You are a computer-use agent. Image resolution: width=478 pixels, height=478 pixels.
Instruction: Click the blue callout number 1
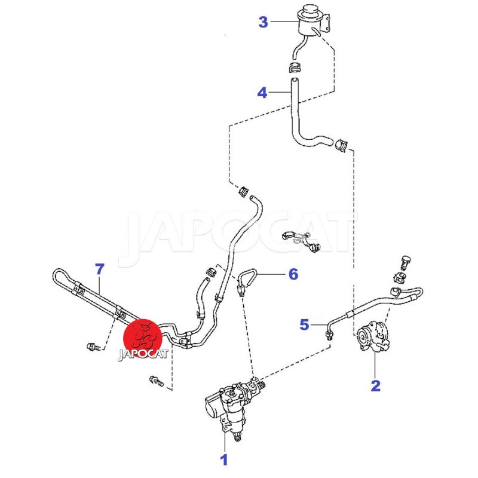coord(225,460)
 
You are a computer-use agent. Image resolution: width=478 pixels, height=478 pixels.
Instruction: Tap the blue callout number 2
coord(375,385)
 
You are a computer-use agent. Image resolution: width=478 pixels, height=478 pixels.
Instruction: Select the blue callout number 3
coord(263,23)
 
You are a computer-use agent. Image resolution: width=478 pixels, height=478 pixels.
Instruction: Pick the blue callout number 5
coord(305,324)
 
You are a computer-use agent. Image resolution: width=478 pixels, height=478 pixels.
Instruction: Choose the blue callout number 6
coord(293,274)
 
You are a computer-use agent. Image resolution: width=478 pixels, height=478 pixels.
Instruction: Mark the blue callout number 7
coord(99,268)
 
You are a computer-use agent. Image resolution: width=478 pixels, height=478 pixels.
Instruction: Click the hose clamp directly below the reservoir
coord(295,65)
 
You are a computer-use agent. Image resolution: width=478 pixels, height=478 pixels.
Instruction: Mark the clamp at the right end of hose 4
coord(341,145)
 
